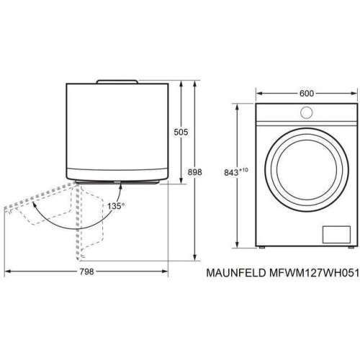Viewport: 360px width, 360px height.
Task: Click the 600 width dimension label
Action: click(307, 94)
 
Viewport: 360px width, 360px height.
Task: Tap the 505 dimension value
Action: click(181, 132)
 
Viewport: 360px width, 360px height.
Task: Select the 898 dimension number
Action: click(194, 172)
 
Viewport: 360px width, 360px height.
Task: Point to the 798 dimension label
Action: click(86, 272)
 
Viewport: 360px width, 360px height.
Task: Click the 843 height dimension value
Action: click(231, 173)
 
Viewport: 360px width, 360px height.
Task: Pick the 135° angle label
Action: click(116, 206)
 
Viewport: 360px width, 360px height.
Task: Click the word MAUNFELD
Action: click(236, 273)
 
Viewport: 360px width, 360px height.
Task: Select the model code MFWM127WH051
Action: click(314, 273)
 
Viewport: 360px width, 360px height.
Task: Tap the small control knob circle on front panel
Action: click(307, 112)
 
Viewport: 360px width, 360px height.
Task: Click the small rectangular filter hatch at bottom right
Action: click(336, 235)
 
